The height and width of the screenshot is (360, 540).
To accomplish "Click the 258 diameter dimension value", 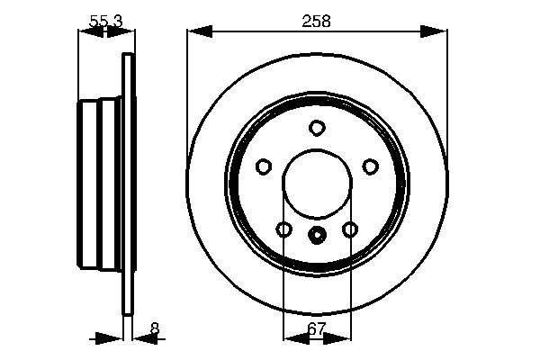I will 317,20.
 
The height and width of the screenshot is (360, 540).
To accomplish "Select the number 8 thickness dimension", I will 155,328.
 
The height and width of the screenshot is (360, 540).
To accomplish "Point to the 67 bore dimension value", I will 317,328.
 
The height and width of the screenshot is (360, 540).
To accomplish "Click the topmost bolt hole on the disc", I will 317,128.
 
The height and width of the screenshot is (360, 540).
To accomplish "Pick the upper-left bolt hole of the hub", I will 264,166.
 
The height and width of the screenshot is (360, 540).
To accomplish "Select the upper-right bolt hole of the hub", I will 370,166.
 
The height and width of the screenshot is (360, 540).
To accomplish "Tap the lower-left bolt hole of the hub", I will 283,230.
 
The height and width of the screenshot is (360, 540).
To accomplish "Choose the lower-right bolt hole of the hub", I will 350,230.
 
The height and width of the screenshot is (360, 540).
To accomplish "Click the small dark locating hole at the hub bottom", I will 317,237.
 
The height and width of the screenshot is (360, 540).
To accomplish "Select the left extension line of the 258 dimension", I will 187,90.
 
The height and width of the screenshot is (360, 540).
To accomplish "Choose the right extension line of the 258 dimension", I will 446,90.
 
